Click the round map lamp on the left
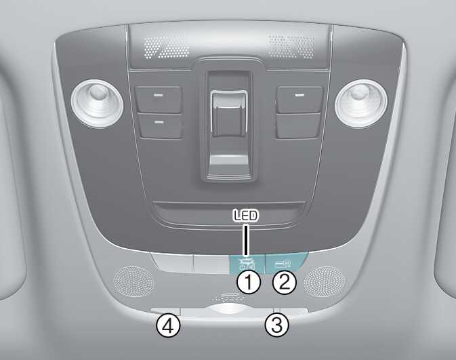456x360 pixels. click(97, 103)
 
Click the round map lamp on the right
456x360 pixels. click(361, 103)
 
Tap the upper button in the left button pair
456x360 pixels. click(159, 99)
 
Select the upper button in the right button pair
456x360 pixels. click(300, 99)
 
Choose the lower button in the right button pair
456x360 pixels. click(299, 126)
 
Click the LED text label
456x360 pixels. click(246, 216)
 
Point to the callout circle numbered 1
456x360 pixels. click(249, 282)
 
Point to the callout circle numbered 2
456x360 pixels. click(285, 282)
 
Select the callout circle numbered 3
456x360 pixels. click(277, 325)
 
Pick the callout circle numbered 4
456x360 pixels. click(169, 325)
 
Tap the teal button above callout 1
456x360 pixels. click(247, 264)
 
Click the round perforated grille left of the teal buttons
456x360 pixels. click(133, 282)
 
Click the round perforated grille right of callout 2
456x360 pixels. click(325, 282)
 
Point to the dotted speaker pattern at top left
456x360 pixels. click(166, 46)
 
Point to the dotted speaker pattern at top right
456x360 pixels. click(291, 46)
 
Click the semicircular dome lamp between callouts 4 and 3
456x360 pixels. click(230, 308)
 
